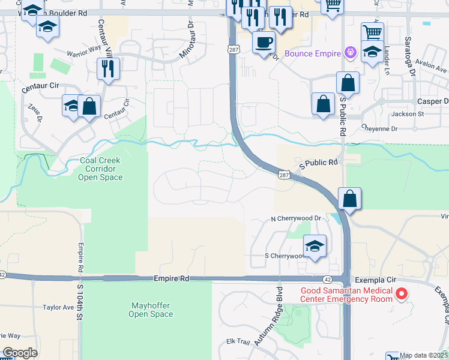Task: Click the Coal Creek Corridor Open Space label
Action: [101, 169]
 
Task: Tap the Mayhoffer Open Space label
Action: [151, 310]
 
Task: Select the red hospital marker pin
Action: [402, 294]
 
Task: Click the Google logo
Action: [20, 353]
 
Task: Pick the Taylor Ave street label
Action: [58, 307]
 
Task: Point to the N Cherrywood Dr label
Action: [296, 219]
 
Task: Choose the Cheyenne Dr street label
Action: [379, 128]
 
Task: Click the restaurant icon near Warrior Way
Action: [108, 69]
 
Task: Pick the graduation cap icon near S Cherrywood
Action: [315, 246]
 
